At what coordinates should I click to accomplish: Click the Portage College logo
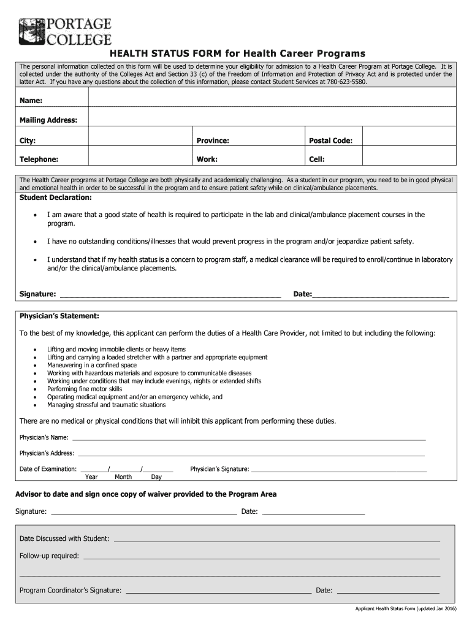[x=65, y=32]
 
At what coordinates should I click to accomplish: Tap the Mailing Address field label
[x=48, y=120]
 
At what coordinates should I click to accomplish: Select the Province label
[x=213, y=140]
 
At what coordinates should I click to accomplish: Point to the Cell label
[x=316, y=159]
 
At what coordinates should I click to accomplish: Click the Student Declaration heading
[x=56, y=198]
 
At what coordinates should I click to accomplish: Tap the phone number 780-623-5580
[x=346, y=82]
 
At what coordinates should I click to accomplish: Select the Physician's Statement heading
[x=59, y=316]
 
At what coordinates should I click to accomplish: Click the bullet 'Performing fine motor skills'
[x=85, y=389]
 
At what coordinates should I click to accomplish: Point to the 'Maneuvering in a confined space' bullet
[x=92, y=365]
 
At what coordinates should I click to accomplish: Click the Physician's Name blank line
[x=248, y=438]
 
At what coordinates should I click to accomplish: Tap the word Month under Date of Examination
[x=123, y=477]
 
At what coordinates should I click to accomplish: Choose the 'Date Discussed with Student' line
[x=276, y=539]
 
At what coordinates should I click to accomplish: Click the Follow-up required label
[x=49, y=556]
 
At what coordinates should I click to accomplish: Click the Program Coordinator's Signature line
[x=217, y=591]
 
